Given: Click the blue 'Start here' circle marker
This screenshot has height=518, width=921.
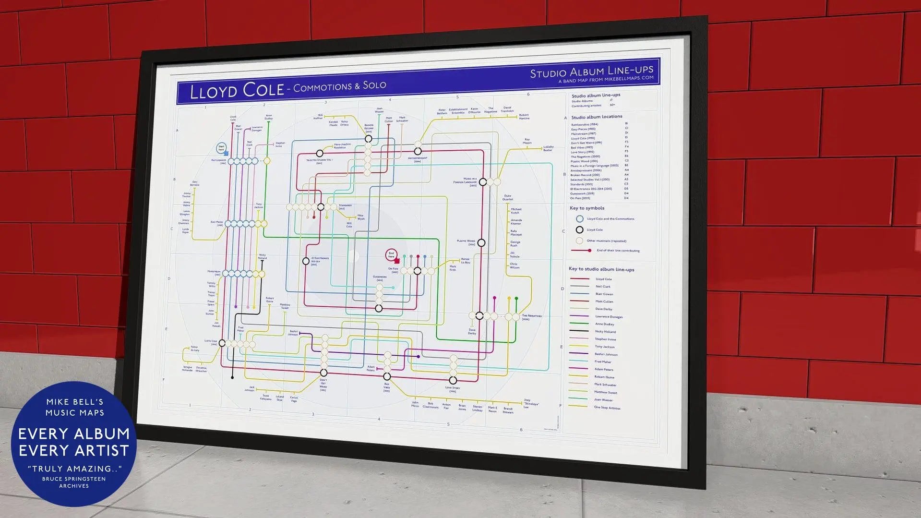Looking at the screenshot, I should coord(221,148).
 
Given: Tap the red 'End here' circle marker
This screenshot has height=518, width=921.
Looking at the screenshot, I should coord(391,255).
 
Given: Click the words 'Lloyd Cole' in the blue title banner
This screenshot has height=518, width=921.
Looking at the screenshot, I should coord(237,90).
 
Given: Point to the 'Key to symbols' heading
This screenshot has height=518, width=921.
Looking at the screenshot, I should coord(586,208).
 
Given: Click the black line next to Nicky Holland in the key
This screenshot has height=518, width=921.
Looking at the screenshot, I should coord(579,331).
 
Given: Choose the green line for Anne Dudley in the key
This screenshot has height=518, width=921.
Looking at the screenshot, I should coord(579,324).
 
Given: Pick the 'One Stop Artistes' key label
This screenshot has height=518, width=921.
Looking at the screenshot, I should coord(607,408).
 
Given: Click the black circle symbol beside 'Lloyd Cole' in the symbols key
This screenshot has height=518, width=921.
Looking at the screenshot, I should coord(580,230).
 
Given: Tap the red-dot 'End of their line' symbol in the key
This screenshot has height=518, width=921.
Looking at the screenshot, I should coord(581,251).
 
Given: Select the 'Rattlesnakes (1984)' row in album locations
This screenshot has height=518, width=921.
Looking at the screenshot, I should coord(584,125).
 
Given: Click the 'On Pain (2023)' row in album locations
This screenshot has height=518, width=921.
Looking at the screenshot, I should coord(580,198).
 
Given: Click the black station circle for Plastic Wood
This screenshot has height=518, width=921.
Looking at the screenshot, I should coord(481,243).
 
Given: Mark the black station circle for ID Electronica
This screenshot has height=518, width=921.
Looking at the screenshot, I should coord(306,261).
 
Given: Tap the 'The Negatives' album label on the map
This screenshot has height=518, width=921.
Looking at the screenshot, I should coord(532,316).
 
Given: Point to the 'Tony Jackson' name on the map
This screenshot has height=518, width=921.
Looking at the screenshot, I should coord(259,205).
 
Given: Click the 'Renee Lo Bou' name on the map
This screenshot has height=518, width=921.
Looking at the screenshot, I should coord(465,261).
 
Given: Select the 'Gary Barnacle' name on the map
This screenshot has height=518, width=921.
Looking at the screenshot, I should coord(194,183).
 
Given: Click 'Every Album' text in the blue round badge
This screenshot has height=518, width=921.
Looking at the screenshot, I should coord(74,434).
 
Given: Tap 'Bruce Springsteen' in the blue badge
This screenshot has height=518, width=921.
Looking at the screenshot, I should coord(74,479).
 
